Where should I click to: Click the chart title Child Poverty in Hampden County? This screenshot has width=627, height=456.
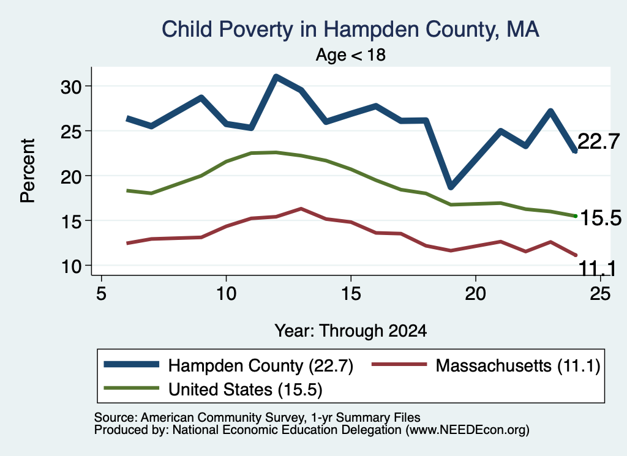coord(350,29)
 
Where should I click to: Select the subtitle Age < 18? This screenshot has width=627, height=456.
coord(351,54)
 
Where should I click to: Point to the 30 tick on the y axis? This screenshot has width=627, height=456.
coord(71,86)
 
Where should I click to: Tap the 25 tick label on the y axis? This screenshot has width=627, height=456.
coord(71,131)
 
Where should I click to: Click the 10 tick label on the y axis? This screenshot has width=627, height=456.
coord(71,266)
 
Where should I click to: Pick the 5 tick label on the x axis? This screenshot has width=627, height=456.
coord(102,294)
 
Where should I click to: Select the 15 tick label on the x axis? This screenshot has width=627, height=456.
coord(351,294)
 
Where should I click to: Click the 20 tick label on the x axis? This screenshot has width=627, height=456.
coord(475,294)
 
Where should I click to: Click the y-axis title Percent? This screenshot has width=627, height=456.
coord(28,171)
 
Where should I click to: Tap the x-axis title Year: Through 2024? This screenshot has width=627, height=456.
coord(351,331)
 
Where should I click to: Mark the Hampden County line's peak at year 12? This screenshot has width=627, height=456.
coord(276,77)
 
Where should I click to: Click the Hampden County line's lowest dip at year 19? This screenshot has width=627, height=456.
coord(451,186)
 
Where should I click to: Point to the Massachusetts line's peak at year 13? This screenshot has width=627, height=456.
coord(301,209)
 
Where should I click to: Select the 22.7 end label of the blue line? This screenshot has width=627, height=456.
coord(599,141)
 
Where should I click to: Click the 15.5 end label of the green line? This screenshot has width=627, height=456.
coord(601,218)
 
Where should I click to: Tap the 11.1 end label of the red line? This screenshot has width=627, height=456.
coord(597,269)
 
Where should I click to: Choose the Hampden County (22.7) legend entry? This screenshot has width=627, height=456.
coord(228,365)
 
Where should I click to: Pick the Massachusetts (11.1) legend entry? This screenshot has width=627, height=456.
coord(486,365)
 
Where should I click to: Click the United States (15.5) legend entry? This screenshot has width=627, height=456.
coord(212,389)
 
